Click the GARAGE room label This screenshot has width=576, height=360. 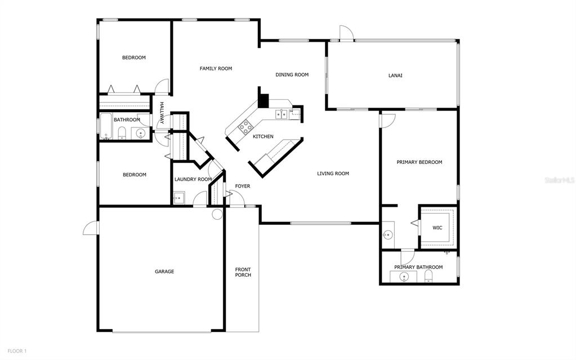click(x=164, y=272)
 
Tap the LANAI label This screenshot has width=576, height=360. click(x=395, y=75)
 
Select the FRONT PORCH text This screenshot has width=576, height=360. click(x=243, y=272)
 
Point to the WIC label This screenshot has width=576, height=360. click(x=437, y=228)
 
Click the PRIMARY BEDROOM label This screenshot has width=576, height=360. click(x=419, y=162)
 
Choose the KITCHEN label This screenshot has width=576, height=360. click(x=263, y=137)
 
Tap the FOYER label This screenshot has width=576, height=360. click(x=243, y=186)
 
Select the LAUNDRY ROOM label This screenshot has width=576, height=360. click(x=193, y=180)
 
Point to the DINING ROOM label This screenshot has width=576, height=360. click(x=292, y=75)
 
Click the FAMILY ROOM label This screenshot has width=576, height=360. click(x=216, y=69)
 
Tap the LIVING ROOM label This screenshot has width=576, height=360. click(x=333, y=174)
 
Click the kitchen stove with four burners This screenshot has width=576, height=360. click(x=245, y=127)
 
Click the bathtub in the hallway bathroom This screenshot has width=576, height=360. click(x=106, y=127)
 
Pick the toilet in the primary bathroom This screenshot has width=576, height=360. click(x=428, y=275)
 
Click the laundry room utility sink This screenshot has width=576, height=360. click(x=178, y=198)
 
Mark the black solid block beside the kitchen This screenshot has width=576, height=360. click(x=263, y=99)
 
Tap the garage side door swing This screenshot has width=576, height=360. click(x=91, y=228)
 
